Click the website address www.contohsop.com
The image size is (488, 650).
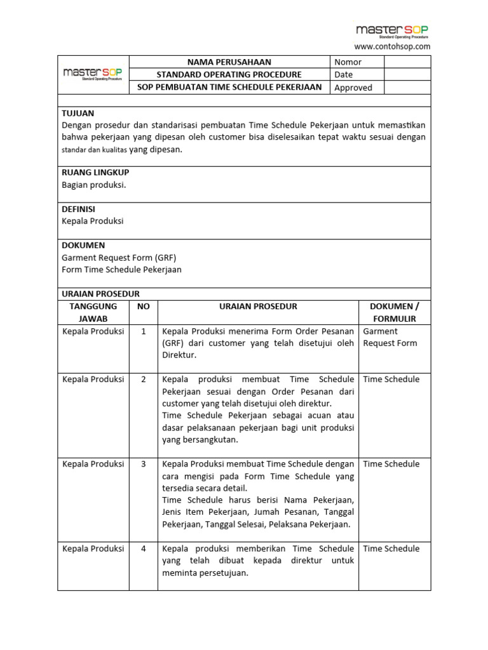pyautogui.click(x=392, y=46)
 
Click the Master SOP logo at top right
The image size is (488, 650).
pyautogui.click(x=392, y=30)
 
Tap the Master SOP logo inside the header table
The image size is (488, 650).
pyautogui.click(x=93, y=74)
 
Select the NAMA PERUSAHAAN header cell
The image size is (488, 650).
pyautogui.click(x=229, y=62)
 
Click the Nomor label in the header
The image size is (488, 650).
pyautogui.click(x=348, y=62)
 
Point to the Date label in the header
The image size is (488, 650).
pyautogui.click(x=343, y=75)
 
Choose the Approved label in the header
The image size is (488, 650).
pyautogui.click(x=353, y=88)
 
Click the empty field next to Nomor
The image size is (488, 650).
pyautogui.click(x=407, y=62)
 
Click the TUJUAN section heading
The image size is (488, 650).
pyautogui.click(x=78, y=113)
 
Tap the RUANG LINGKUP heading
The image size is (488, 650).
pyautogui.click(x=95, y=173)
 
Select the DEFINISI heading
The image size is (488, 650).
pyautogui.click(x=79, y=209)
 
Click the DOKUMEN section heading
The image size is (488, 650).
pyautogui.click(x=83, y=245)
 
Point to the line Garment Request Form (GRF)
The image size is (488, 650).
pyautogui.click(x=119, y=258)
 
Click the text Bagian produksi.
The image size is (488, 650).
pyautogui.click(x=94, y=185)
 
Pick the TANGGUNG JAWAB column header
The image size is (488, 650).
pyautogui.click(x=93, y=312)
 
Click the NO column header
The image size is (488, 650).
pyautogui.click(x=144, y=307)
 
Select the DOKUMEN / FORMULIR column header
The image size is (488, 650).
pyautogui.click(x=395, y=312)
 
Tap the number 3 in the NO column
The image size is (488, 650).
pyautogui.click(x=144, y=464)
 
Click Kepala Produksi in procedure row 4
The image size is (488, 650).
pyautogui.click(x=93, y=548)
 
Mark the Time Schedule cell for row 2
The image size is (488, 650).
pyautogui.click(x=391, y=380)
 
